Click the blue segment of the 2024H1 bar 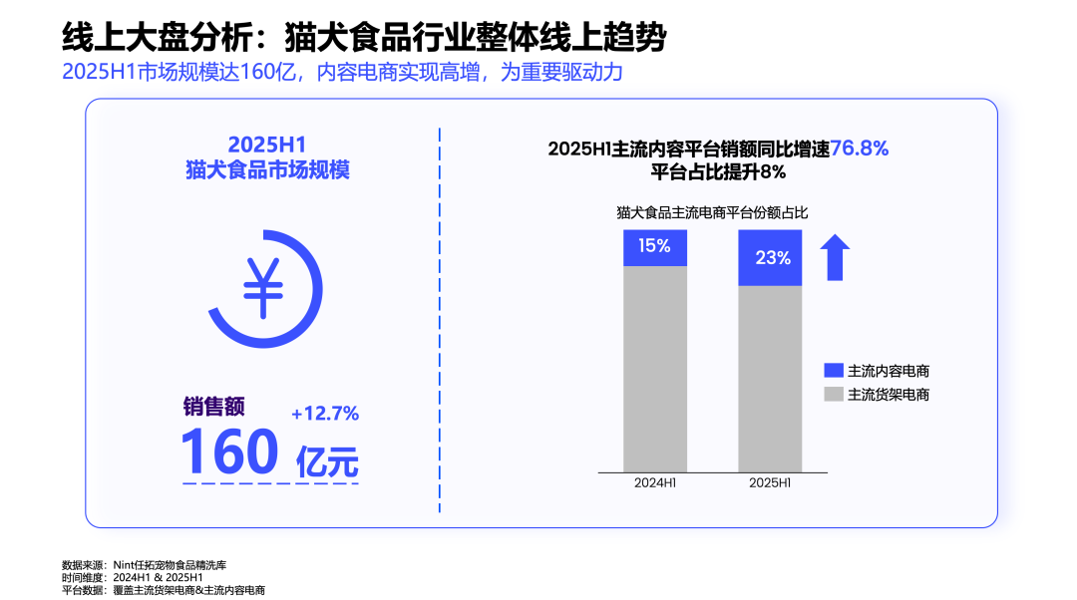(655, 247)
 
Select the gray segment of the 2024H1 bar (655, 369)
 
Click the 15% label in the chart (655, 246)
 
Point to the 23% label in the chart (773, 258)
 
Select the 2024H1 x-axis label (655, 483)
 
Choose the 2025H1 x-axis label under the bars (770, 483)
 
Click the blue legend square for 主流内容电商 (834, 371)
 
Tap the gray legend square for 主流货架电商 (834, 394)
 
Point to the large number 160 (229, 451)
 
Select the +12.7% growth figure (325, 413)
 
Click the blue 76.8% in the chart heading (859, 149)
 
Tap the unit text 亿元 (327, 461)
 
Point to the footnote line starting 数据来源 (150, 564)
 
